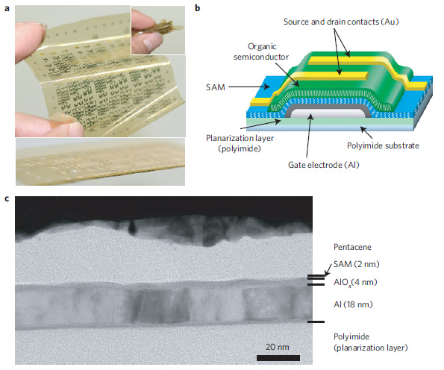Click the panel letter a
click(7, 9)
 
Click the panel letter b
click(197, 8)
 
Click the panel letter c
click(7, 198)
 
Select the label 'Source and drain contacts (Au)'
click(341, 22)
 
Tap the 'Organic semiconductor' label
click(261, 51)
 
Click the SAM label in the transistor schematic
click(216, 87)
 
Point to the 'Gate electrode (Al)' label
click(323, 165)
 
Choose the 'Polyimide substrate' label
click(383, 145)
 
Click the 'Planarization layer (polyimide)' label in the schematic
click(240, 143)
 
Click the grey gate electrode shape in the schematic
click(327, 112)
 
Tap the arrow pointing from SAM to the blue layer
click(249, 87)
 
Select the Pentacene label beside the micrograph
click(352, 247)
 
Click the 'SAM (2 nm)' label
click(356, 264)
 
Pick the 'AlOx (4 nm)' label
click(355, 283)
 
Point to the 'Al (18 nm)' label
click(353, 304)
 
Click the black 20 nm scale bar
click(278, 358)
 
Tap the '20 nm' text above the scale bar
click(278, 347)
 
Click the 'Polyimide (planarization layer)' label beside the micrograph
click(370, 342)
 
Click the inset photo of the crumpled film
click(158, 30)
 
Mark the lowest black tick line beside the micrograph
click(316, 322)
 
